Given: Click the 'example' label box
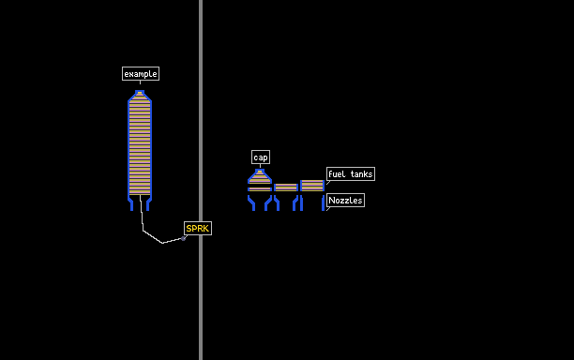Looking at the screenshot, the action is pyautogui.click(x=141, y=73).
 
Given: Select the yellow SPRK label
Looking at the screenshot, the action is pyautogui.click(x=198, y=229).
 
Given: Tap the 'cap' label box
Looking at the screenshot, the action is pyautogui.click(x=261, y=157).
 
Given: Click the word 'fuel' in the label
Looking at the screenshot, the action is pyautogui.click(x=337, y=174).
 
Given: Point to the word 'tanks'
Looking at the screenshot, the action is pyautogui.click(x=361, y=174).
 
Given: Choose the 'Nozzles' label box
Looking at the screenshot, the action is pyautogui.click(x=345, y=200).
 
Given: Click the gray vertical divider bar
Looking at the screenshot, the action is pyautogui.click(x=201, y=180).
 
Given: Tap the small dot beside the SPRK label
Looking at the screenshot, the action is pyautogui.click(x=184, y=238).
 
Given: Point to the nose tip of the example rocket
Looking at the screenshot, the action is pyautogui.click(x=140, y=92).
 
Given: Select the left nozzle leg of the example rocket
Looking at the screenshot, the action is pyautogui.click(x=130, y=203).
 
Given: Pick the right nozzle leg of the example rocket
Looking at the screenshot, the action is pyautogui.click(x=149, y=203).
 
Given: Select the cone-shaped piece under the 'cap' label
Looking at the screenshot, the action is pyautogui.click(x=260, y=176).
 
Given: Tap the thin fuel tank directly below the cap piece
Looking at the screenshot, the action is pyautogui.click(x=260, y=189).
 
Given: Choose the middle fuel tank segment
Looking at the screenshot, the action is pyautogui.click(x=286, y=187).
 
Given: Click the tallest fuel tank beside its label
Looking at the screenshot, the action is pyautogui.click(x=312, y=186).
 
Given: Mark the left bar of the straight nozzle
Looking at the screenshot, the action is pyautogui.click(x=302, y=203).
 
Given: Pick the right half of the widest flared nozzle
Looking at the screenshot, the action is pyautogui.click(x=268, y=203).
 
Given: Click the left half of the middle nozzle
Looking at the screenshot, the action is pyautogui.click(x=277, y=203).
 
